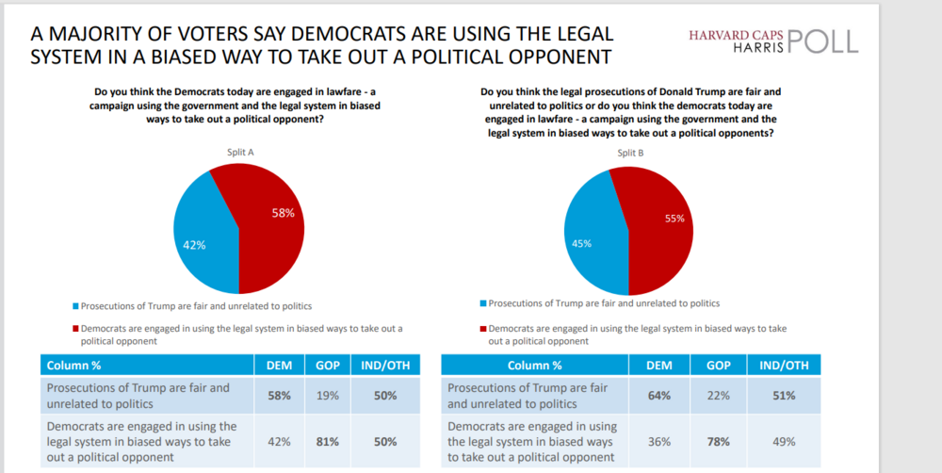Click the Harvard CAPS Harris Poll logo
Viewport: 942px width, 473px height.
[773, 41]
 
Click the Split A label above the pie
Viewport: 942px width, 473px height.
[238, 153]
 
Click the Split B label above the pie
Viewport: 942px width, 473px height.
[630, 154]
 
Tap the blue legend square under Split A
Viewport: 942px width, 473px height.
[75, 306]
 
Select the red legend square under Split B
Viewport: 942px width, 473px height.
[482, 330]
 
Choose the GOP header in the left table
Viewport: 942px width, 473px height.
[328, 365]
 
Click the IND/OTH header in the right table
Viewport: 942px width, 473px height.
[784, 365]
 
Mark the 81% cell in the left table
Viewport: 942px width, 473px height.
[328, 441]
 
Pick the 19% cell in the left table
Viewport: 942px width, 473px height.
[328, 396]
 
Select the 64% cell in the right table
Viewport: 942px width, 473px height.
[658, 396]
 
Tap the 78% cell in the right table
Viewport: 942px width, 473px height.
[719, 441]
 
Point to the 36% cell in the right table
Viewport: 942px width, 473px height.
[658, 441]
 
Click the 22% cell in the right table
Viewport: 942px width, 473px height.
[719, 396]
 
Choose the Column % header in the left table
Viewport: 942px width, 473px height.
[73, 365]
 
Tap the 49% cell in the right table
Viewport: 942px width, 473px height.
[784, 441]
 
